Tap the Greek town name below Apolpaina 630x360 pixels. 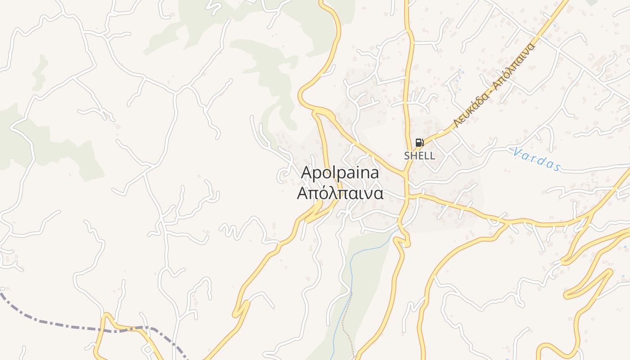340,193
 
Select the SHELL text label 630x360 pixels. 419,156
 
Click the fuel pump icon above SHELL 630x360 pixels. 419,143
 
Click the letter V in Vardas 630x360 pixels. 516,152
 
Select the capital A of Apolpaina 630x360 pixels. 307,173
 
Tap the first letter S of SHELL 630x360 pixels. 407,156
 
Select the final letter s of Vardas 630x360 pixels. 558,168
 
